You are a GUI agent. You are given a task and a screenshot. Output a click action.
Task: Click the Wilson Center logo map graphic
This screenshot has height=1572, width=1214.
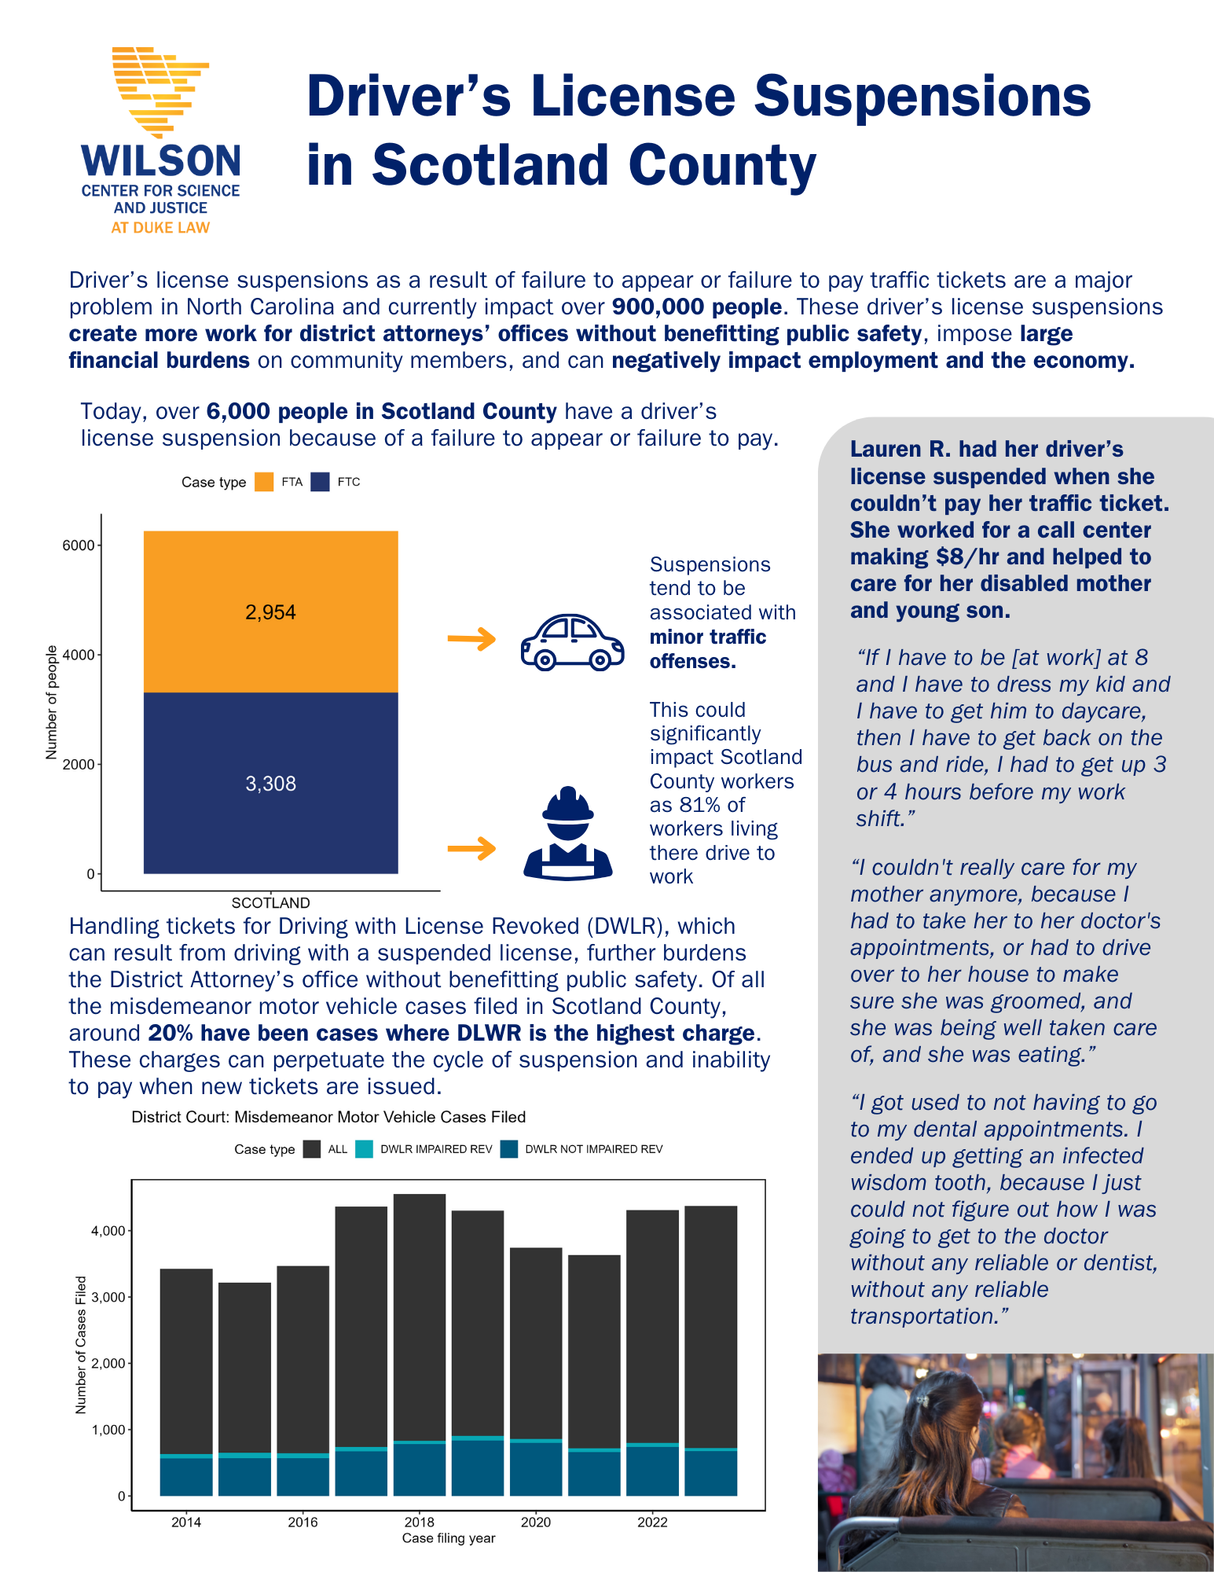click(x=161, y=90)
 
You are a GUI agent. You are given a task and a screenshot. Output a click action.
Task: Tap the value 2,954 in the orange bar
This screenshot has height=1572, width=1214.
click(x=270, y=612)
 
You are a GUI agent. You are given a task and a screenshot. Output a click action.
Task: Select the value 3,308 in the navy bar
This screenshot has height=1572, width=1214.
click(x=270, y=784)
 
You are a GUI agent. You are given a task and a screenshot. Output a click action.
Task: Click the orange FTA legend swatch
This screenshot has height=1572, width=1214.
click(x=264, y=482)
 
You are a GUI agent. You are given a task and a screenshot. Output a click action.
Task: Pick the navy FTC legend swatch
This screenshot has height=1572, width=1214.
click(x=320, y=482)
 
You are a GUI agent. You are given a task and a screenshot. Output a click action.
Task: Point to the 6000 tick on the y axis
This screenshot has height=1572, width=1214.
click(x=79, y=545)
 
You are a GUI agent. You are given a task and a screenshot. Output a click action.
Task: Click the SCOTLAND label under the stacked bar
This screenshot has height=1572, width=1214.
click(x=270, y=903)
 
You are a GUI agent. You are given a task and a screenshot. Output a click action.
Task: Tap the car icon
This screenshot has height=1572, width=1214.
click(x=572, y=641)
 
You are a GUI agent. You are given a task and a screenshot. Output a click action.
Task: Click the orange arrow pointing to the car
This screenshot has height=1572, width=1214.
click(x=471, y=639)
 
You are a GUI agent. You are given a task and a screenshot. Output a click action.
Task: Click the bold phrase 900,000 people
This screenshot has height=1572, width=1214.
click(x=696, y=307)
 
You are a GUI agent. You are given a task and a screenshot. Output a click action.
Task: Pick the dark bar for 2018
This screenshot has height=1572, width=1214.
click(x=420, y=1317)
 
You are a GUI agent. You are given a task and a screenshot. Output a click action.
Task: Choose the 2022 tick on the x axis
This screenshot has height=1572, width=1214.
click(x=652, y=1522)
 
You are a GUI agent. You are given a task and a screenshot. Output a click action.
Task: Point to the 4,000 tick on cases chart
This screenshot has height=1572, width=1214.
click(x=108, y=1231)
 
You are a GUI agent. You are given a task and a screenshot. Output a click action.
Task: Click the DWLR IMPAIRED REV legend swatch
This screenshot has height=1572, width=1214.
click(x=364, y=1149)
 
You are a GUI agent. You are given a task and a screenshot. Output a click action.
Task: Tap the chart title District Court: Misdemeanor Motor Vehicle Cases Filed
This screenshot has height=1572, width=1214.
click(x=328, y=1117)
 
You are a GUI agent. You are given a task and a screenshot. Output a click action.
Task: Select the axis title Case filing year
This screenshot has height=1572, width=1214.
click(x=449, y=1538)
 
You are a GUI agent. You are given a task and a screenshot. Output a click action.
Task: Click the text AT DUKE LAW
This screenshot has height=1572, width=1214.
click(x=160, y=228)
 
